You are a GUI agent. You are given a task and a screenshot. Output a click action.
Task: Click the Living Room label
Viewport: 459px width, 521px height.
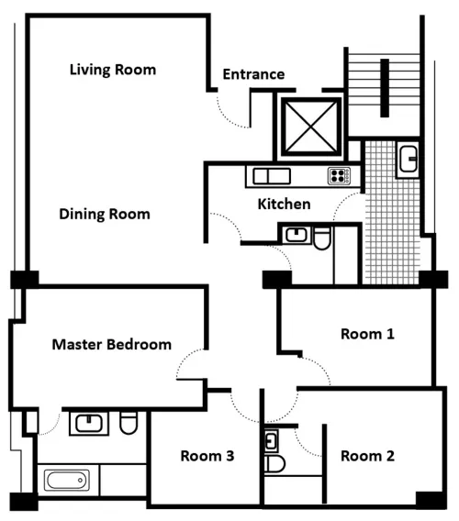coord(113,70)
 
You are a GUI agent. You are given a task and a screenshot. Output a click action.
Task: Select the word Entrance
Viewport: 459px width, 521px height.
coord(253,74)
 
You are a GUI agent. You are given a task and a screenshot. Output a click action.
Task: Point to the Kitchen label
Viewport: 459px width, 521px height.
coord(284,204)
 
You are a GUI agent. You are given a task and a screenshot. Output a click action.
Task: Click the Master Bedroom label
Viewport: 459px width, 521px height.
coord(111,345)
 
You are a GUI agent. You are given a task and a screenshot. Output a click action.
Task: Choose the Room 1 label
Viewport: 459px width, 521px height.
coord(367,334)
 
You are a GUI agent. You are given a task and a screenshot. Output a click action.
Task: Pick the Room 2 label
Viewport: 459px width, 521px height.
coord(367,456)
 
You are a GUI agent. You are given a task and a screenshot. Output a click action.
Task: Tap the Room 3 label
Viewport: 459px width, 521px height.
coord(207,456)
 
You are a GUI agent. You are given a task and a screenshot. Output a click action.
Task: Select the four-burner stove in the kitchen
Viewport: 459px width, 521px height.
coord(339,176)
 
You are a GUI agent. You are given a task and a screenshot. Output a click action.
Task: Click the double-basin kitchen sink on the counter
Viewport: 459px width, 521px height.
coord(269,176)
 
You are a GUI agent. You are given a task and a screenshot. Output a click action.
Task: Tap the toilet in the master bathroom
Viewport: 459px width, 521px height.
coord(128,423)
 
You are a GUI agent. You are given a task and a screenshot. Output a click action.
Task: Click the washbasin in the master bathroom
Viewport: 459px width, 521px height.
coord(88,423)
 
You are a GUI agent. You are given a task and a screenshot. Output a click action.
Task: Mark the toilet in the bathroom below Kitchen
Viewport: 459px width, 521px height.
coord(321,239)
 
